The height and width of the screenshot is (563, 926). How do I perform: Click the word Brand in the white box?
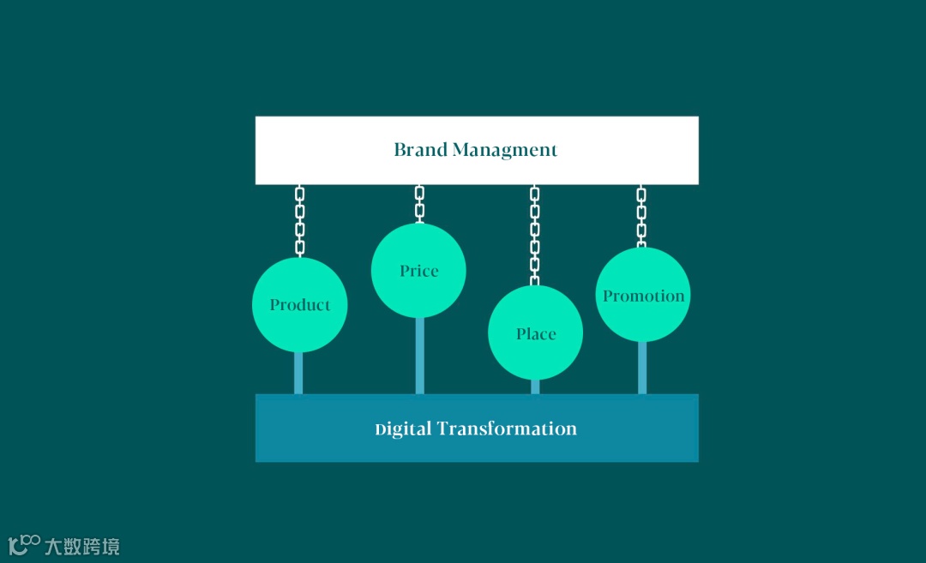[420, 150]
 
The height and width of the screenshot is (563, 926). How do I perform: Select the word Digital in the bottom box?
[403, 428]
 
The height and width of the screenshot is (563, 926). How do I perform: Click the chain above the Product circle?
[299, 220]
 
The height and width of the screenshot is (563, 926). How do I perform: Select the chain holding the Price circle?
[419, 204]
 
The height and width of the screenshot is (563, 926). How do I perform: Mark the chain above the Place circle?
[535, 234]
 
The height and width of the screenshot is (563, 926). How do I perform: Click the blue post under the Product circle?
[298, 373]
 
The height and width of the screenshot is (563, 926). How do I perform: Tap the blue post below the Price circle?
[419, 356]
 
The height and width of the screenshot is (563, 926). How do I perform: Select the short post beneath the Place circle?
[535, 386]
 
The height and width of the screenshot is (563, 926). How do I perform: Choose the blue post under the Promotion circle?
[642, 368]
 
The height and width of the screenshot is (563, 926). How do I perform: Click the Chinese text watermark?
[82, 546]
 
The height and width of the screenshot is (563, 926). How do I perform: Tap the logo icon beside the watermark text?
[24, 544]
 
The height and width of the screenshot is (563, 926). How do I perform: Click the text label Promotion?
[643, 296]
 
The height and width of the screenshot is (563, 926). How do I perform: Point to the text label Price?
[418, 271]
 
